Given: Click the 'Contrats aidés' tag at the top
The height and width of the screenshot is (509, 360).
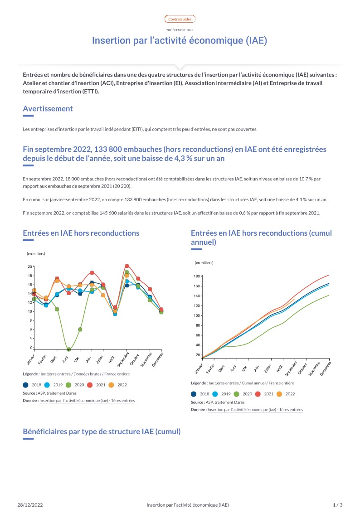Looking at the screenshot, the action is [180, 19].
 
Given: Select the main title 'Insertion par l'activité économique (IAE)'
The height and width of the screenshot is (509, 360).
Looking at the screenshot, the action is [180, 41].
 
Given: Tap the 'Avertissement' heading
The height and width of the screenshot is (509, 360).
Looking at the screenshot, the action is [48, 109].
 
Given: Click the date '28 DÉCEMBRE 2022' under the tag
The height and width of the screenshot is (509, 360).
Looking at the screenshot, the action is [180, 30].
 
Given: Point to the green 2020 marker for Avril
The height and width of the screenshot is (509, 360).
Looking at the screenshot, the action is [69, 349].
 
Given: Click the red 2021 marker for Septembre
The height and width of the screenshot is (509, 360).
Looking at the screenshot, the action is [127, 266].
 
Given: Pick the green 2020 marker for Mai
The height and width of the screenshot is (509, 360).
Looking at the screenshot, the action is [80, 330].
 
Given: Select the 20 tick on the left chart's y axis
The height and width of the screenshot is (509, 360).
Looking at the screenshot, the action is [30, 267].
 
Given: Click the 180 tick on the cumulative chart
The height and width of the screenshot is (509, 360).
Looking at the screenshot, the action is [197, 276].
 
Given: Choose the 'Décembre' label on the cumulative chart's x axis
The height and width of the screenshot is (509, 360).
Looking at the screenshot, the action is [325, 369].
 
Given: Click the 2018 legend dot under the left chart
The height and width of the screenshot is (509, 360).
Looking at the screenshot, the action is [26, 385].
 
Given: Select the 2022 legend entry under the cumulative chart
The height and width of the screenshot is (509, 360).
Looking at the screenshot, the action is [286, 394].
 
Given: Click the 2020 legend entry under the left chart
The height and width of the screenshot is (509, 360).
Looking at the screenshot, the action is [75, 385].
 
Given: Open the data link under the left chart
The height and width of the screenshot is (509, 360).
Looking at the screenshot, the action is [87, 401].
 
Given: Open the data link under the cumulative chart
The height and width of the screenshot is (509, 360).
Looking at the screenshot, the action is [255, 410].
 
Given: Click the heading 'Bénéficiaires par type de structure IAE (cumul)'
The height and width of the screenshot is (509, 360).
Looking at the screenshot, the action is [102, 432].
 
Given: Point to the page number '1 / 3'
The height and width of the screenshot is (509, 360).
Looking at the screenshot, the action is [338, 505].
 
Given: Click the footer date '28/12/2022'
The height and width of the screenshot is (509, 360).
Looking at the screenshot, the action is [30, 505].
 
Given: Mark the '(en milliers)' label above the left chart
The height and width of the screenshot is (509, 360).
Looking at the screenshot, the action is [36, 254].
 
